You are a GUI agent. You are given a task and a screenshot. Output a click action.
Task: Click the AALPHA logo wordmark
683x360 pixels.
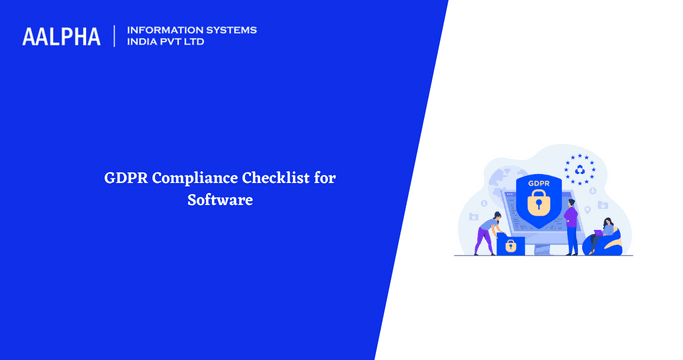[x=61, y=37]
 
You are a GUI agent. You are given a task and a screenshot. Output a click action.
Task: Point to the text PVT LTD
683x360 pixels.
[x=190, y=43]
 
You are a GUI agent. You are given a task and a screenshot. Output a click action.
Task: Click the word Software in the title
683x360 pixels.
[x=220, y=200]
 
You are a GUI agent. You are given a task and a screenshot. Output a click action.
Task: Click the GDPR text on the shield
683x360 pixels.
[x=538, y=184]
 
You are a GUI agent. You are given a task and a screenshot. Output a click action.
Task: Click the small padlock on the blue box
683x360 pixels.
[x=510, y=245]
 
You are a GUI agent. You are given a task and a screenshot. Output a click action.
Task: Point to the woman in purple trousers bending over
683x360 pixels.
[x=487, y=232]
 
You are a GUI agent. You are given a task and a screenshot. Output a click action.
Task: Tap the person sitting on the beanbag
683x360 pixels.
[x=608, y=236]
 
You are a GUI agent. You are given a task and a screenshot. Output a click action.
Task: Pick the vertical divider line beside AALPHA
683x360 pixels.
[x=116, y=36]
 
